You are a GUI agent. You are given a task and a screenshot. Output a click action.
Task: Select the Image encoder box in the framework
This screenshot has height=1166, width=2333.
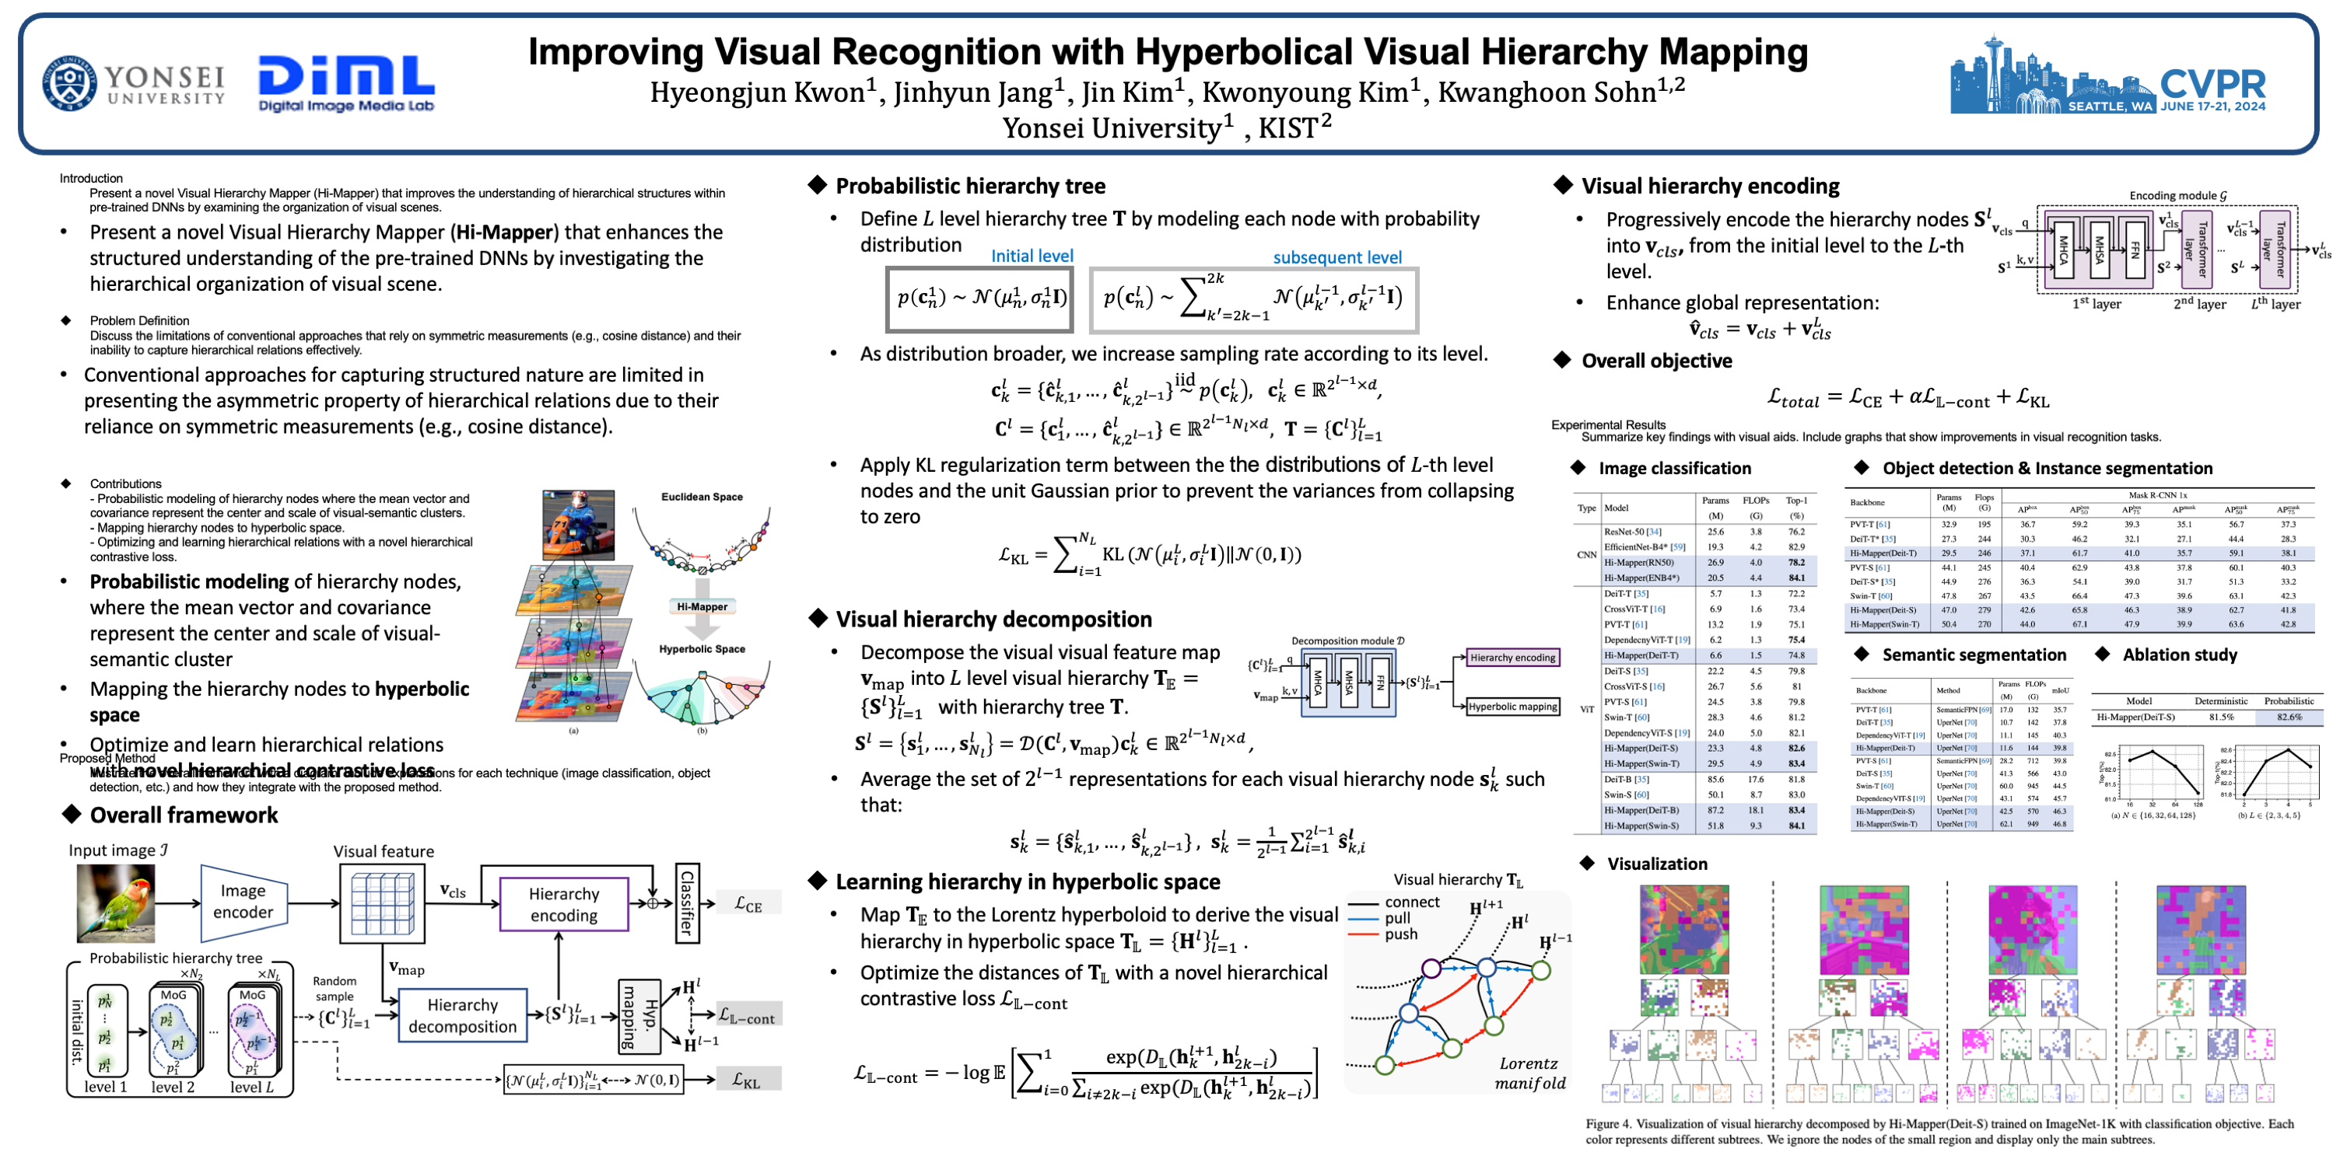click(243, 902)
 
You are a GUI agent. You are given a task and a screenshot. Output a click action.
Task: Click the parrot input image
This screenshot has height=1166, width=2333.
click(116, 902)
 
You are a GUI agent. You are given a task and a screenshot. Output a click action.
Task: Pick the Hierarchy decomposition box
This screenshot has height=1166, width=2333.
click(462, 1016)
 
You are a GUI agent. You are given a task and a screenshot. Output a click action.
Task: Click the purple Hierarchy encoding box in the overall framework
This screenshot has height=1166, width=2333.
click(563, 904)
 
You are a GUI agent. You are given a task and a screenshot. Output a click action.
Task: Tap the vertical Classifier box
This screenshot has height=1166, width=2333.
click(688, 902)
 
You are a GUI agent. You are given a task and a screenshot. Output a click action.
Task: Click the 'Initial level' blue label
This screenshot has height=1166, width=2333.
click(1032, 257)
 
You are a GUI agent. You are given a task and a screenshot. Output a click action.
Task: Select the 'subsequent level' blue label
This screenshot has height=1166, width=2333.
click(1336, 258)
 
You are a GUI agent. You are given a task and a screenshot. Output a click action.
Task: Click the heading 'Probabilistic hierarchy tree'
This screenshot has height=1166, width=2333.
click(970, 187)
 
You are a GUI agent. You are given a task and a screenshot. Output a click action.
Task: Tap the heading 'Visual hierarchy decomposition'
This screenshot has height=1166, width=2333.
click(993, 620)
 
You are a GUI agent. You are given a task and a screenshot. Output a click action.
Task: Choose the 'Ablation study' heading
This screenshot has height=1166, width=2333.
click(2179, 655)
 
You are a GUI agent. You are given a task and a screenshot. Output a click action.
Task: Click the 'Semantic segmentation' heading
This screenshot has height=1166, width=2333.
click(1974, 655)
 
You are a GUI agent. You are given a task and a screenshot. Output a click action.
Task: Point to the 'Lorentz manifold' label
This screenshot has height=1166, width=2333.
click(1529, 1073)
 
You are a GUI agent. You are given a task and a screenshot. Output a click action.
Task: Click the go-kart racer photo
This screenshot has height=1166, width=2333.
click(578, 523)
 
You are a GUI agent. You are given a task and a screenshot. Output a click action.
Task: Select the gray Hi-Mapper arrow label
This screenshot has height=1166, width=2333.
click(702, 606)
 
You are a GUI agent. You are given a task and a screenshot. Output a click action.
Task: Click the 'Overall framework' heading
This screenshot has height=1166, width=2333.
click(184, 815)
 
